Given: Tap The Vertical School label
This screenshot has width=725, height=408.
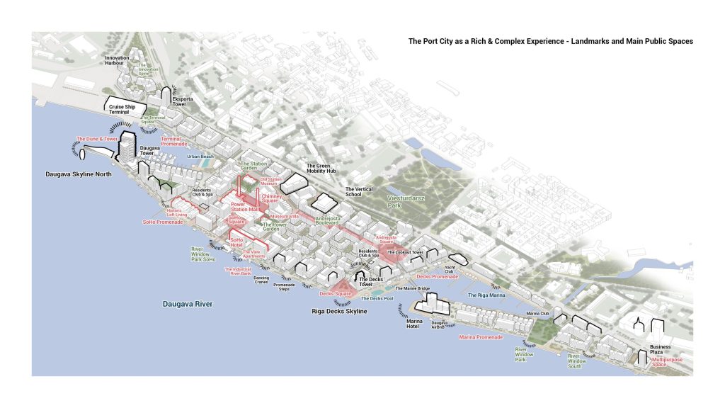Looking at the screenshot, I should pyautogui.click(x=359, y=193).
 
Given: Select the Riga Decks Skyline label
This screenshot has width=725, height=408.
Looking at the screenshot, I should pyautogui.click(x=340, y=312).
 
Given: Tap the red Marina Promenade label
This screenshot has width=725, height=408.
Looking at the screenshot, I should pyautogui.click(x=481, y=337).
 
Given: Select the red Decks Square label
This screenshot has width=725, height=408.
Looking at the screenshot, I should pyautogui.click(x=335, y=293).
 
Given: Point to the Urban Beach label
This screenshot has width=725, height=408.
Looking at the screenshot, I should pyautogui.click(x=200, y=157).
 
